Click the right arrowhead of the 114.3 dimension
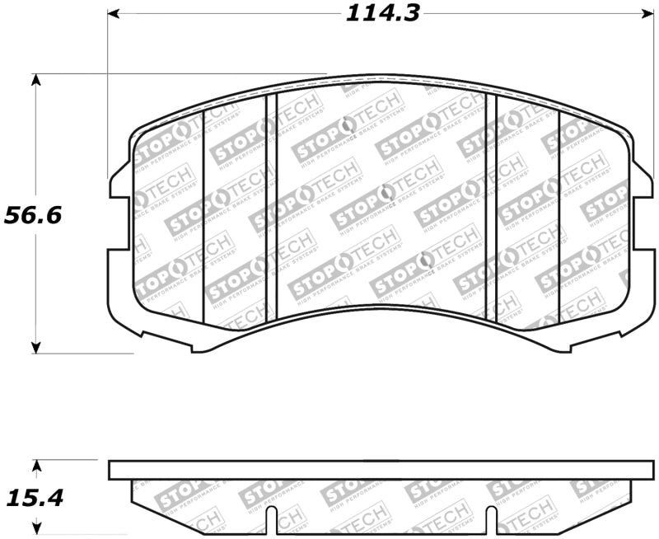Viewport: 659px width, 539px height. [x=644, y=14]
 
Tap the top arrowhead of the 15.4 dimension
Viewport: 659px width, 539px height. [x=35, y=465]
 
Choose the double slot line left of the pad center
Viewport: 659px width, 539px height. [x=271, y=206]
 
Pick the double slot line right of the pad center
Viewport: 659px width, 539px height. [x=492, y=206]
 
